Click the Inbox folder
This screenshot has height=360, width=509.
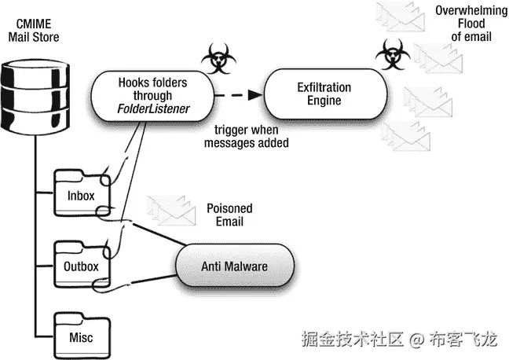coord(81,195)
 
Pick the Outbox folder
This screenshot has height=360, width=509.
coord(81,266)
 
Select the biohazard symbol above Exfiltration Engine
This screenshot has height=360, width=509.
coord(389,56)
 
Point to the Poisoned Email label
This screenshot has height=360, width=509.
coord(229,215)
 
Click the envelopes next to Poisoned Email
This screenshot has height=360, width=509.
coord(172,208)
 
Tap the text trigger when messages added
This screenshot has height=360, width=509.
coord(247,137)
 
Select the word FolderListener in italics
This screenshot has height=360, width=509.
coord(154,108)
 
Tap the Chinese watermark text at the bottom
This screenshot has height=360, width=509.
coord(401,340)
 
